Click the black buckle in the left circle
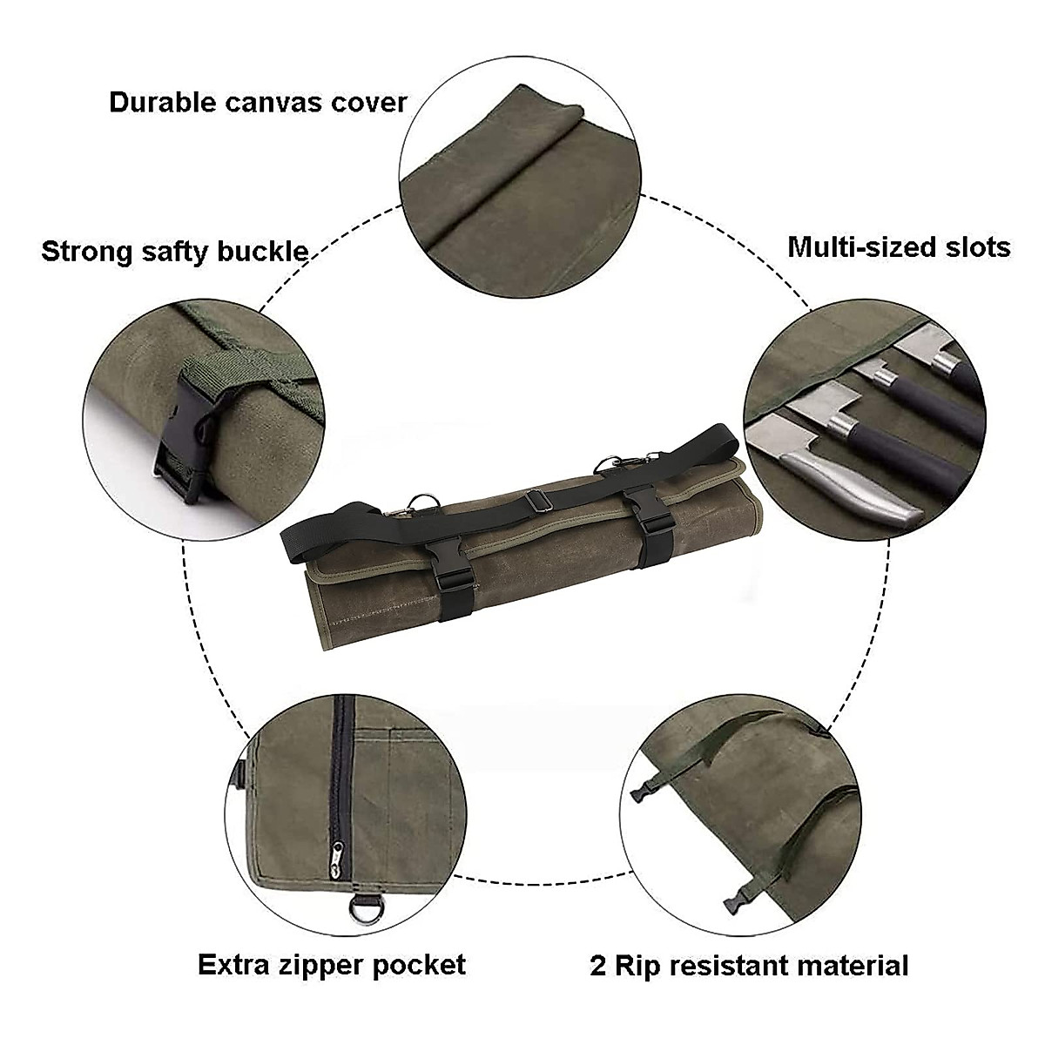pos(185,446)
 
